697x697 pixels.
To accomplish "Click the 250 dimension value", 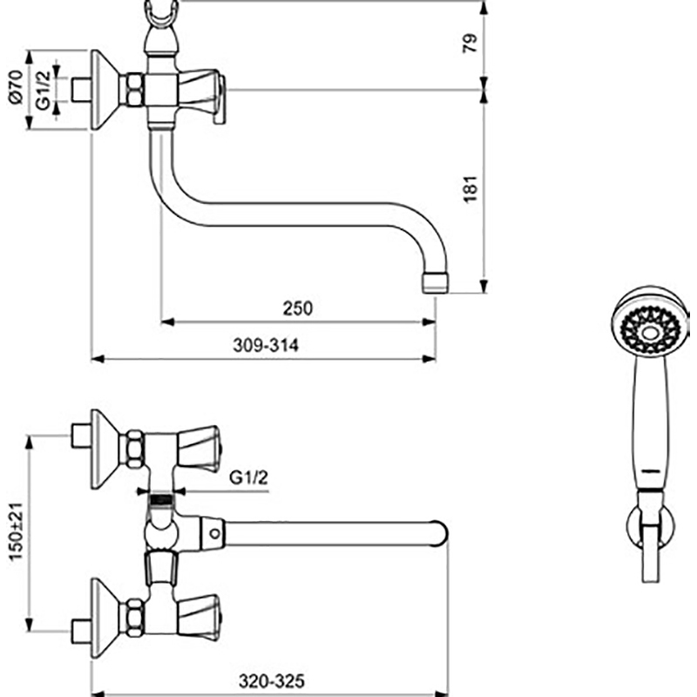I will point(297,308).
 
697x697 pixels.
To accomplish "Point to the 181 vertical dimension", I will point(470,189).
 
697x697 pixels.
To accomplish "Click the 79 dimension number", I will point(470,44).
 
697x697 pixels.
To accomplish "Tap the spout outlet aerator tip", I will point(433,281).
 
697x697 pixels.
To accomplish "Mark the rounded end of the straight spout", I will point(438,532).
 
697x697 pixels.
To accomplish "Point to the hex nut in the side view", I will point(135,91).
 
